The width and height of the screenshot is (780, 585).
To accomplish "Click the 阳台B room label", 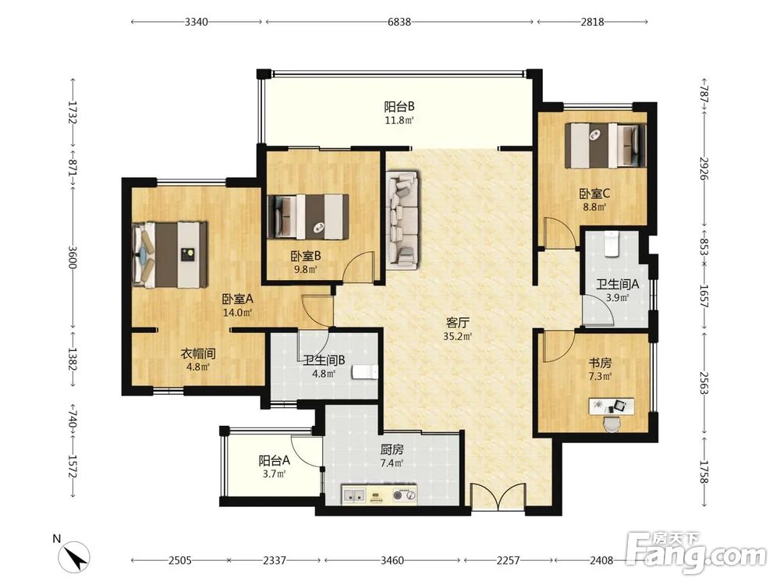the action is [399, 106].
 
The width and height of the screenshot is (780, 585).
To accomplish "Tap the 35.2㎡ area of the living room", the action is [457, 336].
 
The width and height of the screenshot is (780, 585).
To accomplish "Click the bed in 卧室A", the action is [169, 255].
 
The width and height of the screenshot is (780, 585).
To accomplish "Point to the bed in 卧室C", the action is [605, 145].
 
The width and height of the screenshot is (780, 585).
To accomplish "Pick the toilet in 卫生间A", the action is [611, 245].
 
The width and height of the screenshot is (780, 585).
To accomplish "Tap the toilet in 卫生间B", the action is [364, 372].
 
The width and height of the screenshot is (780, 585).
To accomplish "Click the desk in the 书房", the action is [612, 406].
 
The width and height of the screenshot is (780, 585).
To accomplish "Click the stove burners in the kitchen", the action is [404, 495].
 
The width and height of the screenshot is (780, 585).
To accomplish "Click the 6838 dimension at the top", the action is [399, 22].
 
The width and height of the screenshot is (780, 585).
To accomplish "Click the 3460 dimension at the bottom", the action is [392, 561].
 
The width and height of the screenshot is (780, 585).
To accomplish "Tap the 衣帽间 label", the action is [197, 353].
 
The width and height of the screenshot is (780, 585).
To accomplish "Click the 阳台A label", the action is [274, 461].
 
